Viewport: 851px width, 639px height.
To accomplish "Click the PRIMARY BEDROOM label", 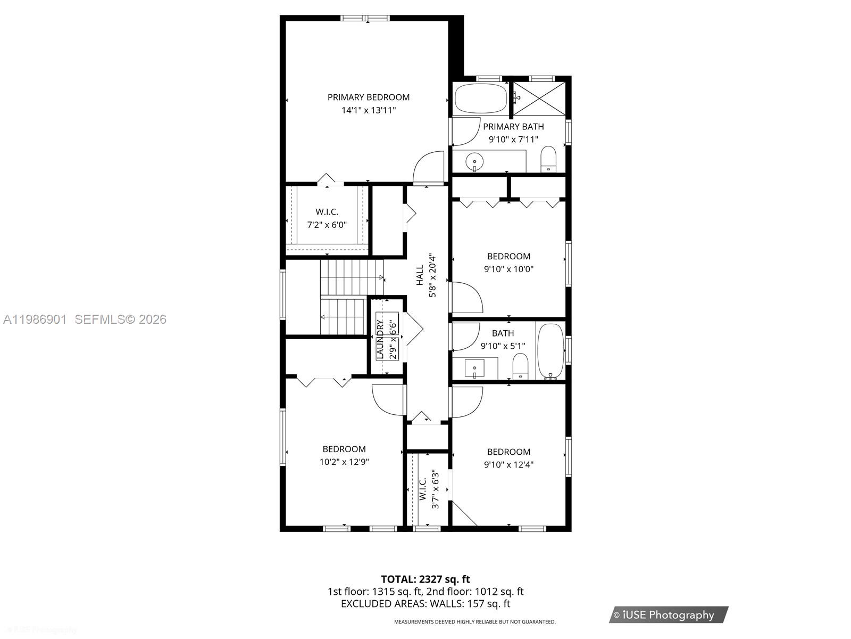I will (368, 97).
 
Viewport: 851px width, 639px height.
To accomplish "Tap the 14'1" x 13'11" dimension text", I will (368, 111).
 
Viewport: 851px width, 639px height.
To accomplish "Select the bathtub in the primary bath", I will (481, 99).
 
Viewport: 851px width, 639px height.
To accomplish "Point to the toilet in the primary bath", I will (548, 159).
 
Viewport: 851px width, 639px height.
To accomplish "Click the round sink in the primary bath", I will (474, 160).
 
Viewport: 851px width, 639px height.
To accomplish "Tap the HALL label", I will (420, 275).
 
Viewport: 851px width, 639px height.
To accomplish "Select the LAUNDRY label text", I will (380, 339).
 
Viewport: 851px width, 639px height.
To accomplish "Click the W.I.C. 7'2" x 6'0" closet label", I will (327, 218).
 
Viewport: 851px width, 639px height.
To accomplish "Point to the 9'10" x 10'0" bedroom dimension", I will (508, 269).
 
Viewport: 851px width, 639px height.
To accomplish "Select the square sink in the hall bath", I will (474, 367).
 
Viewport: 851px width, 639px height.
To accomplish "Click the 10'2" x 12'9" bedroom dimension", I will (344, 462).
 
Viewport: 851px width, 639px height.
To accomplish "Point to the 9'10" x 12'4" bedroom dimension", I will (508, 465).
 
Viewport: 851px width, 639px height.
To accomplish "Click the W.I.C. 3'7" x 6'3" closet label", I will (429, 489).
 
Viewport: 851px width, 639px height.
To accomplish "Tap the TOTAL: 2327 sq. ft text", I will (425, 579).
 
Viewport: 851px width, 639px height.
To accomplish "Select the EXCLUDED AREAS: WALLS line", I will (425, 604).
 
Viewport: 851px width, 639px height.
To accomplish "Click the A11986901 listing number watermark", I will (35, 319).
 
